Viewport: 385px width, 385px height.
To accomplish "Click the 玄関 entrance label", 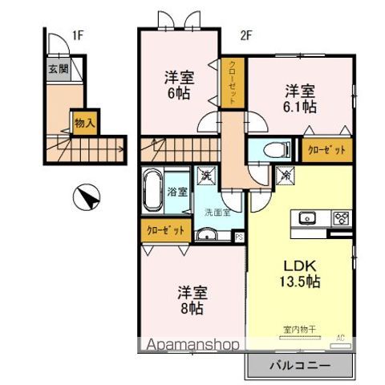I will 57,69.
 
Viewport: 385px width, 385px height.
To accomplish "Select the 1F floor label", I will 77,35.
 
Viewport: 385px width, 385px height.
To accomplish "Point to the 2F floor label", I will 246,35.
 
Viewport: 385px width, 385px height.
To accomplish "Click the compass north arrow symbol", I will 87,197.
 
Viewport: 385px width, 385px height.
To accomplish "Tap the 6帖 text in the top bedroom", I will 180,92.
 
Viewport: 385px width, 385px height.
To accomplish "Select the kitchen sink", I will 309,217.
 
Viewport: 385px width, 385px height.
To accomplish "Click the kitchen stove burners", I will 340,217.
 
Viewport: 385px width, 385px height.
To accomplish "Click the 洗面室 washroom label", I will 217,213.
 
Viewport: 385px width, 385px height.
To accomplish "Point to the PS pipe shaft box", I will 239,236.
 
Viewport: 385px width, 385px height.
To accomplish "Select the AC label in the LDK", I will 340,337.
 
